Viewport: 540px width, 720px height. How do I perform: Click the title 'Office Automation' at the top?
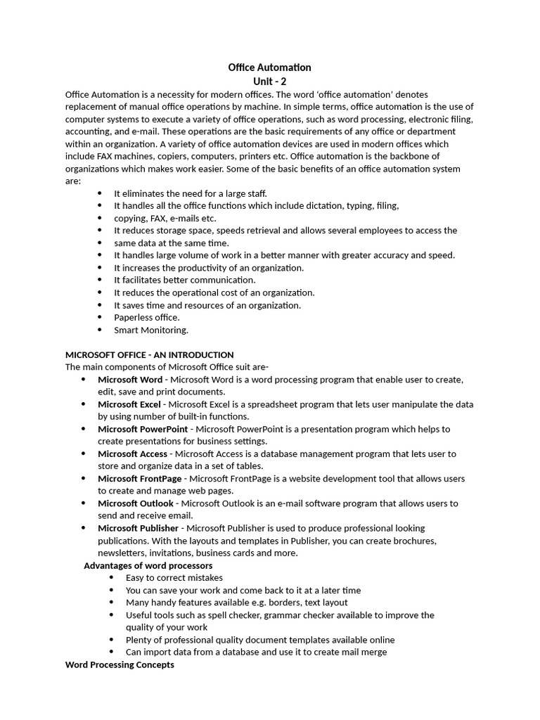click(269, 67)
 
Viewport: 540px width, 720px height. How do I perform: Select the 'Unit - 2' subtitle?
click(269, 82)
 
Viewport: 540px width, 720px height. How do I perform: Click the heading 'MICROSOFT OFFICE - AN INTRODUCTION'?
click(149, 355)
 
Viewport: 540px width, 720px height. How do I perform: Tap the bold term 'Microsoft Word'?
click(129, 380)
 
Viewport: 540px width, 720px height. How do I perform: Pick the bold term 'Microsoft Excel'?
click(129, 404)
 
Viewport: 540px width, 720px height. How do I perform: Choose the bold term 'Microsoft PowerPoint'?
click(143, 429)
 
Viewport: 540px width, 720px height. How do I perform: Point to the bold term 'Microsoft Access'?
click(132, 454)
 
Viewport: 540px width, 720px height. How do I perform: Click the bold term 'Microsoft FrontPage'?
click(139, 479)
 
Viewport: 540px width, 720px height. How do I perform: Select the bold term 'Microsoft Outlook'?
click(135, 503)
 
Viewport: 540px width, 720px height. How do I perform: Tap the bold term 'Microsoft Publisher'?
click(138, 528)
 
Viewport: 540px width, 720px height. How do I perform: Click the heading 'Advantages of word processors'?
click(148, 565)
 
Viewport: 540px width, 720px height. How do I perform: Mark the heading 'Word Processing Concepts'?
click(120, 664)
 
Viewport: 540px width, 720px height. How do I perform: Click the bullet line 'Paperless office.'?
click(147, 318)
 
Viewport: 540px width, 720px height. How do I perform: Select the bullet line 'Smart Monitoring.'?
click(151, 330)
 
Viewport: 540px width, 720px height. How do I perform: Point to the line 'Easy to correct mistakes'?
click(174, 578)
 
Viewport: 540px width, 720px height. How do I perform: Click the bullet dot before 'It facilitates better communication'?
click(99, 281)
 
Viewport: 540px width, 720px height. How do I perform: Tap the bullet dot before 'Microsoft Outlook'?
click(83, 503)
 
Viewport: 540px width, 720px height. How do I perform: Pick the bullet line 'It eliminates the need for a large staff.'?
click(191, 193)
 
